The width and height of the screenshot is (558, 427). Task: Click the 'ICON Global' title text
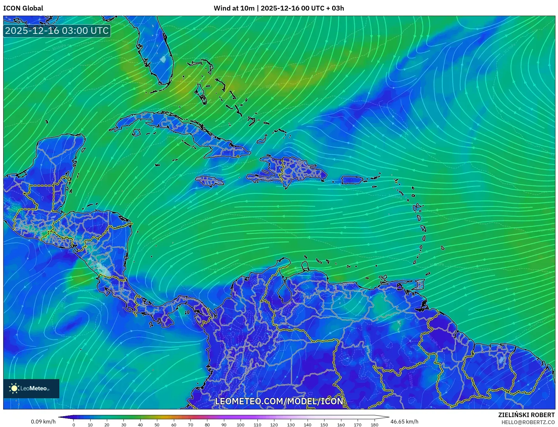pos(23,8)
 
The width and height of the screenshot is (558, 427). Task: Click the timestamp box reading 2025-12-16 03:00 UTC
pos(57,31)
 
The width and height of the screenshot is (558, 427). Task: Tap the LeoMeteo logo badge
pos(31,388)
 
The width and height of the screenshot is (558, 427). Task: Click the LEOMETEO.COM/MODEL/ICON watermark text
pos(279,401)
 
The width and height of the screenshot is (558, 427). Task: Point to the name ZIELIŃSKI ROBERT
pos(526,415)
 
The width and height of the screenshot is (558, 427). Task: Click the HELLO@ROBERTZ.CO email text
pos(528,422)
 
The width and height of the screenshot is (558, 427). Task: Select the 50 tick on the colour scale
pos(157,424)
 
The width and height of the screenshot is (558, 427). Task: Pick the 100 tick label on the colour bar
pos(241,424)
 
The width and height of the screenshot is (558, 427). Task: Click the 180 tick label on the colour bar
pos(374,424)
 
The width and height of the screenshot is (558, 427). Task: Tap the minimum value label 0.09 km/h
pos(43,422)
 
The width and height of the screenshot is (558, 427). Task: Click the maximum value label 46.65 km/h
pos(404,422)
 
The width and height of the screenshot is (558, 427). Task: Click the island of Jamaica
pos(210,181)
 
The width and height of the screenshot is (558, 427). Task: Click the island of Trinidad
pos(420,284)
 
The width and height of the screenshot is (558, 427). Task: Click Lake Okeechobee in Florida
pos(163,59)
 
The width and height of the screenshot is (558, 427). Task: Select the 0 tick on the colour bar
pos(74,424)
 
